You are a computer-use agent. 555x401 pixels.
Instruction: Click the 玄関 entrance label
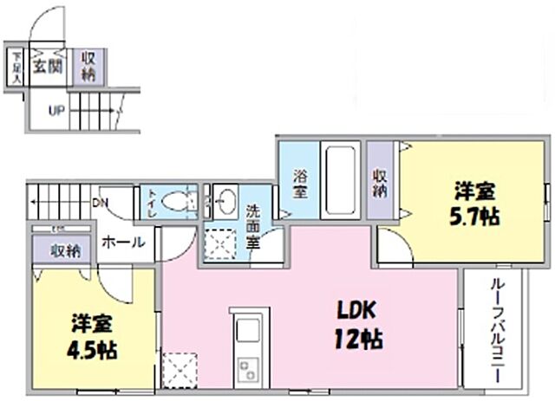point(48,67)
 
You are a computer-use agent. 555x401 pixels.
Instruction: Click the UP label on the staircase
point(55,111)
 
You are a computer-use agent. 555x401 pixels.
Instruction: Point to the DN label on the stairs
point(101,204)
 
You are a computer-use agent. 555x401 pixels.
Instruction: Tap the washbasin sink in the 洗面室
point(225,202)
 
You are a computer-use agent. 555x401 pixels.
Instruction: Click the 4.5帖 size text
point(94,351)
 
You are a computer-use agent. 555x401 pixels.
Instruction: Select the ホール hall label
point(123,243)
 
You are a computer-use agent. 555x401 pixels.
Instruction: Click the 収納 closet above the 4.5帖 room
point(65,252)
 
